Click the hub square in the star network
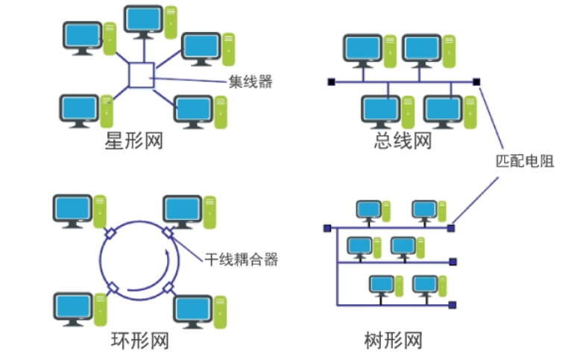click(141, 75)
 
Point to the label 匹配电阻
click(526, 161)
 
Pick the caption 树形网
click(394, 341)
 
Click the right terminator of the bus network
click(477, 82)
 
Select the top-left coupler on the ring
click(110, 233)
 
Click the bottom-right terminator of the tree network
click(453, 304)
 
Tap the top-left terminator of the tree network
click(327, 228)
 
